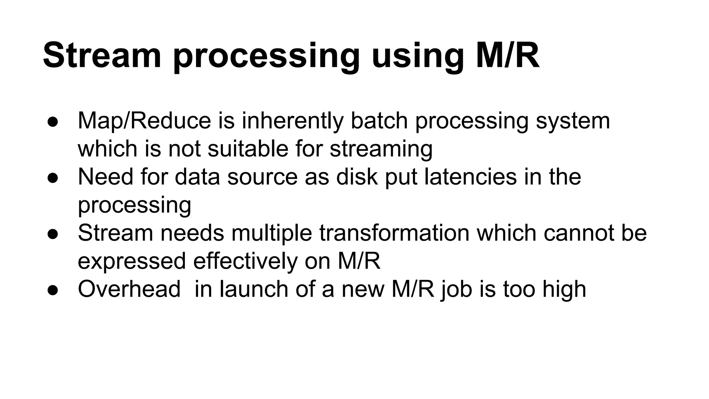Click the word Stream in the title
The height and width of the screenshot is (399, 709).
point(102,55)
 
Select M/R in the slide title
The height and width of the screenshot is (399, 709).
point(508,55)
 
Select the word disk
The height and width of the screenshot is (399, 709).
point(357,176)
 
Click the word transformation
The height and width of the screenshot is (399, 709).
point(394,232)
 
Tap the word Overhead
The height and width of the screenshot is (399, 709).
point(129,289)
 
